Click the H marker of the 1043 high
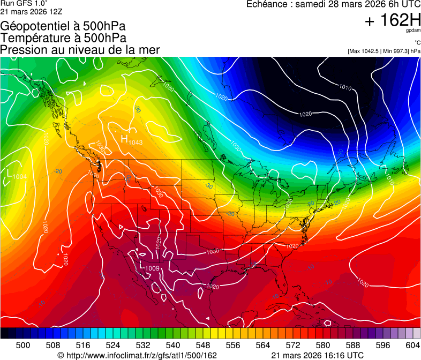tap(124, 139)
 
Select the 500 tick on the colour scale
tap(23, 344)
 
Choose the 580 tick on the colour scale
tap(323, 344)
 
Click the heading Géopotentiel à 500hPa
tap(63, 26)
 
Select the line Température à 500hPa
tap(63, 38)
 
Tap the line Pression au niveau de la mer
tap(80, 50)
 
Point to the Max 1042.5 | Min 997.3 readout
tap(384, 51)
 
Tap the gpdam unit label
tap(413, 31)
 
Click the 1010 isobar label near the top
tap(345, 87)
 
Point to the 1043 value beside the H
tap(136, 142)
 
